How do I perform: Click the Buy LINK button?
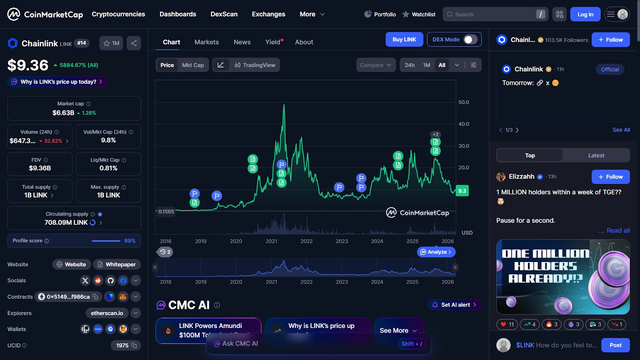pos(404,40)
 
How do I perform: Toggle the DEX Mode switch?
pos(470,40)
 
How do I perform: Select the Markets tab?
pos(206,42)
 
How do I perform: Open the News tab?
pos(242,42)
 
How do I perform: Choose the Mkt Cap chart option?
pos(193,65)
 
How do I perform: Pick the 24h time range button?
pos(410,65)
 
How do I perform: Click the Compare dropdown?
pos(376,65)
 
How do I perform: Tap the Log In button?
pos(585,14)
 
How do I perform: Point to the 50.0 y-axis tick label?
pos(464,102)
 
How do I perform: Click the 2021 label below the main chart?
pos(271,241)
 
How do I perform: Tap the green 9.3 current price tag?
pos(462,191)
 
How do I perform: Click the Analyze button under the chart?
pos(436,252)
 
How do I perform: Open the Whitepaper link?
pos(117,264)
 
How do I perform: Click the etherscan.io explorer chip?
pos(107,313)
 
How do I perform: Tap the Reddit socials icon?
pos(98,281)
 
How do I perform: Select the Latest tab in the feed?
pos(596,156)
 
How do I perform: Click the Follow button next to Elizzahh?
pos(610,177)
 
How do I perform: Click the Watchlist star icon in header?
pos(406,14)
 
